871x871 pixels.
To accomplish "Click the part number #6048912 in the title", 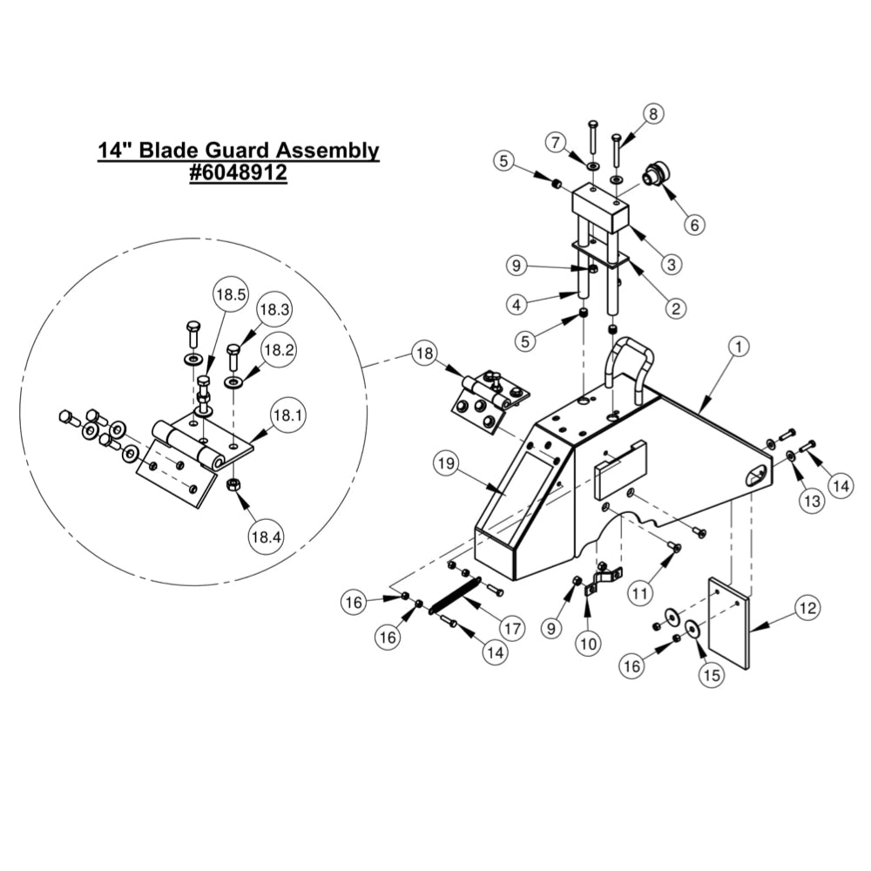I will (x=238, y=173).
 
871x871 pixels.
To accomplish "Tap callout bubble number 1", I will (x=737, y=348).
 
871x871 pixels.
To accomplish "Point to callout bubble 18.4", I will (x=265, y=537).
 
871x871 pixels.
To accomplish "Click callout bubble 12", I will (x=807, y=609).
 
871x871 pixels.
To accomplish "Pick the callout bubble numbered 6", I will (x=693, y=225).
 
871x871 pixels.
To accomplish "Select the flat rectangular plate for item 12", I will (x=729, y=624).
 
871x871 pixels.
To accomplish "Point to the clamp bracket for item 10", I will (x=603, y=578).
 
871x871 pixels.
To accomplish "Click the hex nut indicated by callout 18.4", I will (x=233, y=484).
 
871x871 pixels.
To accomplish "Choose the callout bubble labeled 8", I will (x=652, y=113).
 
